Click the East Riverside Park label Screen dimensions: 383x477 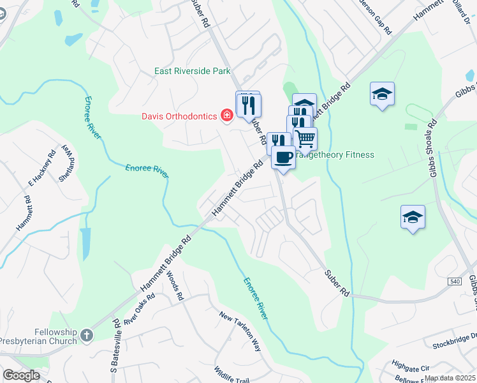pyautogui.click(x=192, y=71)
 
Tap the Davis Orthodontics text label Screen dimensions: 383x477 pyautogui.click(x=179, y=116)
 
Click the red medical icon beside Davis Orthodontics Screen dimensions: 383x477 pyautogui.click(x=226, y=116)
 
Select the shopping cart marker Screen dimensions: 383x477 pyautogui.click(x=305, y=137)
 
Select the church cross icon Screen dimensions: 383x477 pyautogui.click(x=87, y=334)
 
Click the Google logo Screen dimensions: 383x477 pyautogui.click(x=21, y=375)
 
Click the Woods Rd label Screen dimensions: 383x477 pyautogui.click(x=175, y=288)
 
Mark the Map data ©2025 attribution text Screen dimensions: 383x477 pyautogui.click(x=450, y=378)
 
